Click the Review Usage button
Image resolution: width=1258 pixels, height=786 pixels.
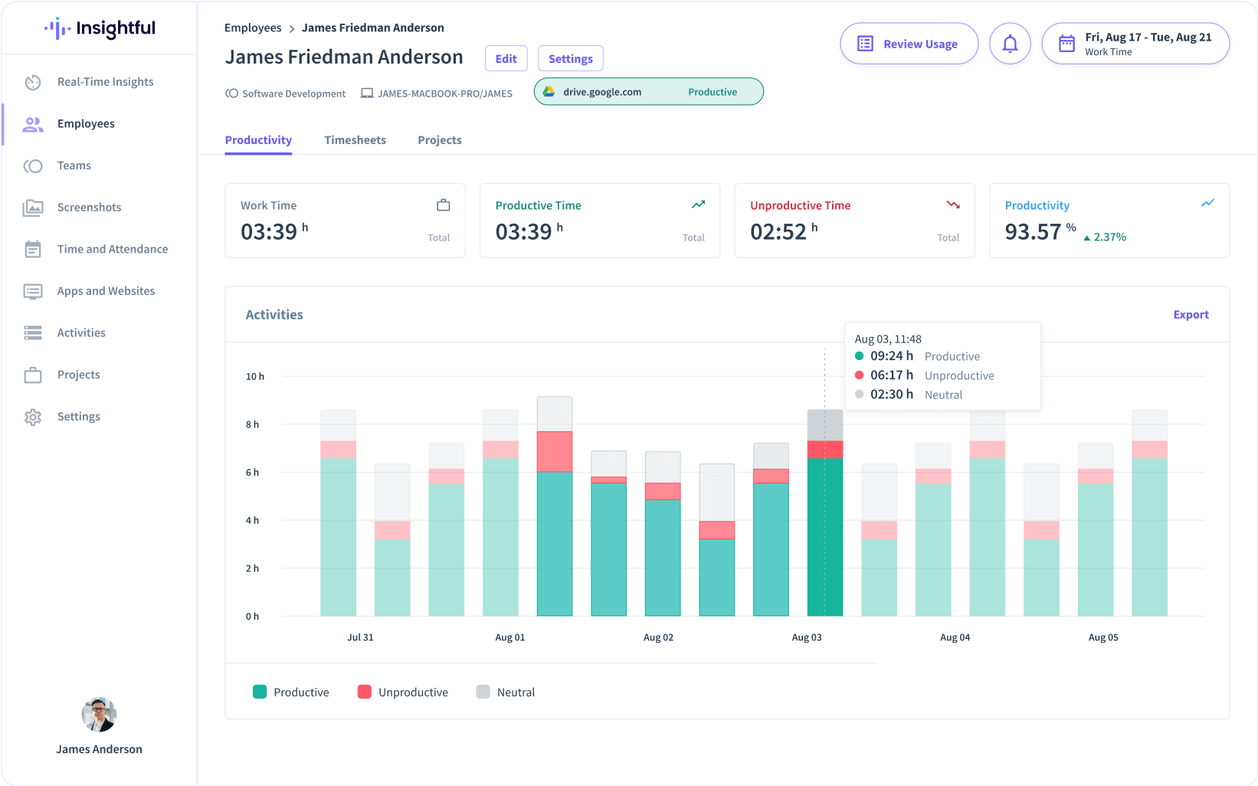pos(909,44)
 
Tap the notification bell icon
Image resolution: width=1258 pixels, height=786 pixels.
pos(1010,44)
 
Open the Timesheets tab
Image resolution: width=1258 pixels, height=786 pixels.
pos(355,140)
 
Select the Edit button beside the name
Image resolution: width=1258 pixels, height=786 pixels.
pos(506,58)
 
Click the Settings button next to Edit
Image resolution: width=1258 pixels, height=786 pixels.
pos(570,58)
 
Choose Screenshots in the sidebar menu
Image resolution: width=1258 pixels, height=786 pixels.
pos(89,207)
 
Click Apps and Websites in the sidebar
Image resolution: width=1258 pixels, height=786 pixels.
pos(106,291)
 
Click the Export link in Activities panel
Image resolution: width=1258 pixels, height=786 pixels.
pos(1191,315)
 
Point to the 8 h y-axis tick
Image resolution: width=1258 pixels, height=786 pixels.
pos(252,424)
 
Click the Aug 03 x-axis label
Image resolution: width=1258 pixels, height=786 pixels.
pos(806,637)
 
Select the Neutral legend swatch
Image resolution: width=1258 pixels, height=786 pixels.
pos(483,692)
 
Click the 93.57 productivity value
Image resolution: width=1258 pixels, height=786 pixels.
pos(1033,231)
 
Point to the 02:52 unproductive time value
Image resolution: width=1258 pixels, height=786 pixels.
pos(778,231)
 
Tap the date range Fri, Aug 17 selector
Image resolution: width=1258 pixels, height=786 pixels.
pos(1135,44)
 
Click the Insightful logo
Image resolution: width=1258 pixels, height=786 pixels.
pos(100,28)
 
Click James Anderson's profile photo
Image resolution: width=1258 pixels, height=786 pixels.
pos(99,715)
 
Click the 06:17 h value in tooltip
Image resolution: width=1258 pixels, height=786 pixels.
pos(891,375)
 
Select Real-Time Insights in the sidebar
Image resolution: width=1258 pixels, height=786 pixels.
pos(105,82)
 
